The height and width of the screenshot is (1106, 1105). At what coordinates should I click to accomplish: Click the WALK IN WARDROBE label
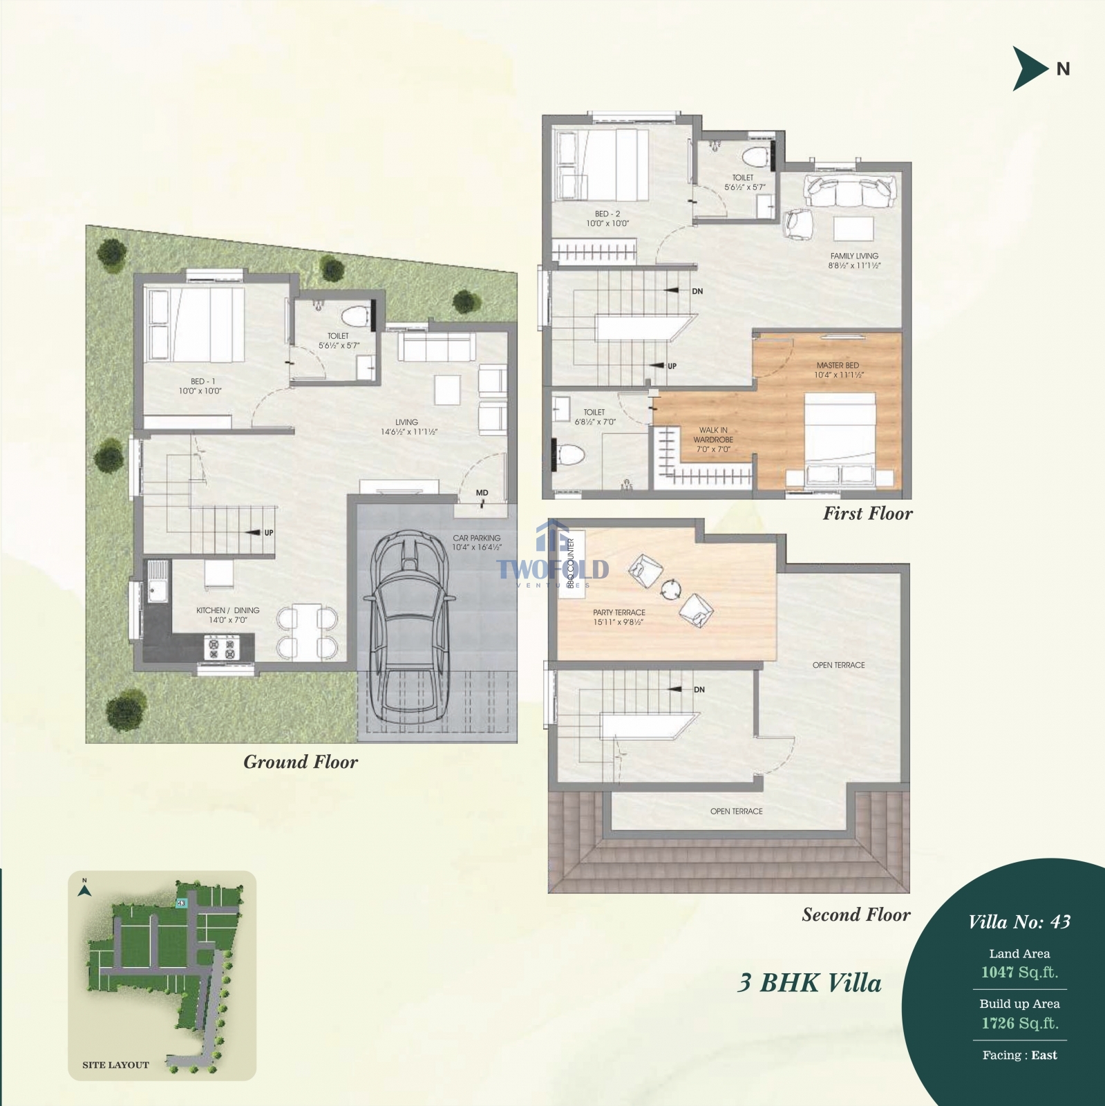click(x=713, y=440)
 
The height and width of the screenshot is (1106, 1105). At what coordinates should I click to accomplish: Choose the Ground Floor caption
click(x=301, y=762)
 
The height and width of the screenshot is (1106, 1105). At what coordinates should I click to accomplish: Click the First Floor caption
click(x=867, y=513)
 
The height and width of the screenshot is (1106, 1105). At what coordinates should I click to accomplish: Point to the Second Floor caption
click(x=856, y=915)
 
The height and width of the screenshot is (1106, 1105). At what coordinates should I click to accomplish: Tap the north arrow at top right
click(x=1030, y=68)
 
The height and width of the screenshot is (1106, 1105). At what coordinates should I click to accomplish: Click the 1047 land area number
click(x=997, y=972)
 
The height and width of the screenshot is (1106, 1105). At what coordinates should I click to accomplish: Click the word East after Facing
click(x=1043, y=1055)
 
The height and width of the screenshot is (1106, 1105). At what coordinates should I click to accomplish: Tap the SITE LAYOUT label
click(x=115, y=1065)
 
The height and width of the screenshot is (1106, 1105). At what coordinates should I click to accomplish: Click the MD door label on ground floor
click(x=482, y=493)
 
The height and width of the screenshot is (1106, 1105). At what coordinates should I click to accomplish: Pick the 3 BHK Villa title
click(x=809, y=983)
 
